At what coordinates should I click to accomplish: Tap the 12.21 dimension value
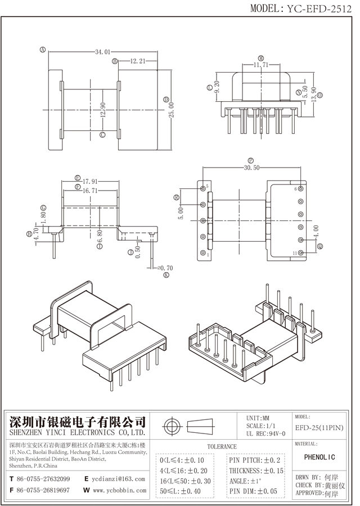tap(138, 60)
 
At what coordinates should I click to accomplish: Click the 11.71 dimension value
tap(260, 65)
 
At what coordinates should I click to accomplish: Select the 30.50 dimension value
tap(252, 168)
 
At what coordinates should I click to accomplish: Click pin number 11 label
tap(295, 254)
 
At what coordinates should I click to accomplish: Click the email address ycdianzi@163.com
tap(117, 478)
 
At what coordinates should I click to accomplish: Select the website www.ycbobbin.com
tap(116, 490)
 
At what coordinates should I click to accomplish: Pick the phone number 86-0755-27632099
tap(44, 478)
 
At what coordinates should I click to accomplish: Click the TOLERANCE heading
tap(222, 446)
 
